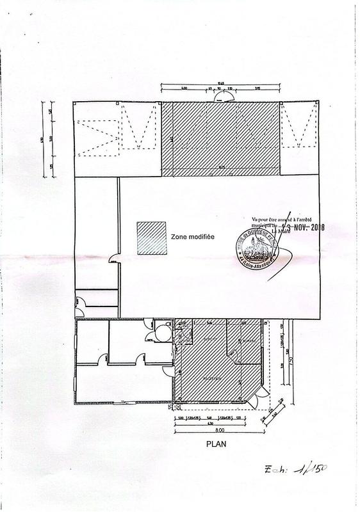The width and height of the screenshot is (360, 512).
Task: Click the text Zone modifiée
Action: (192, 236)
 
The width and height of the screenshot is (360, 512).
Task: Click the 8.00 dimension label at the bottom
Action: (219, 431)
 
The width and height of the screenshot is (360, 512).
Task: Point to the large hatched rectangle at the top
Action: (221, 138)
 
